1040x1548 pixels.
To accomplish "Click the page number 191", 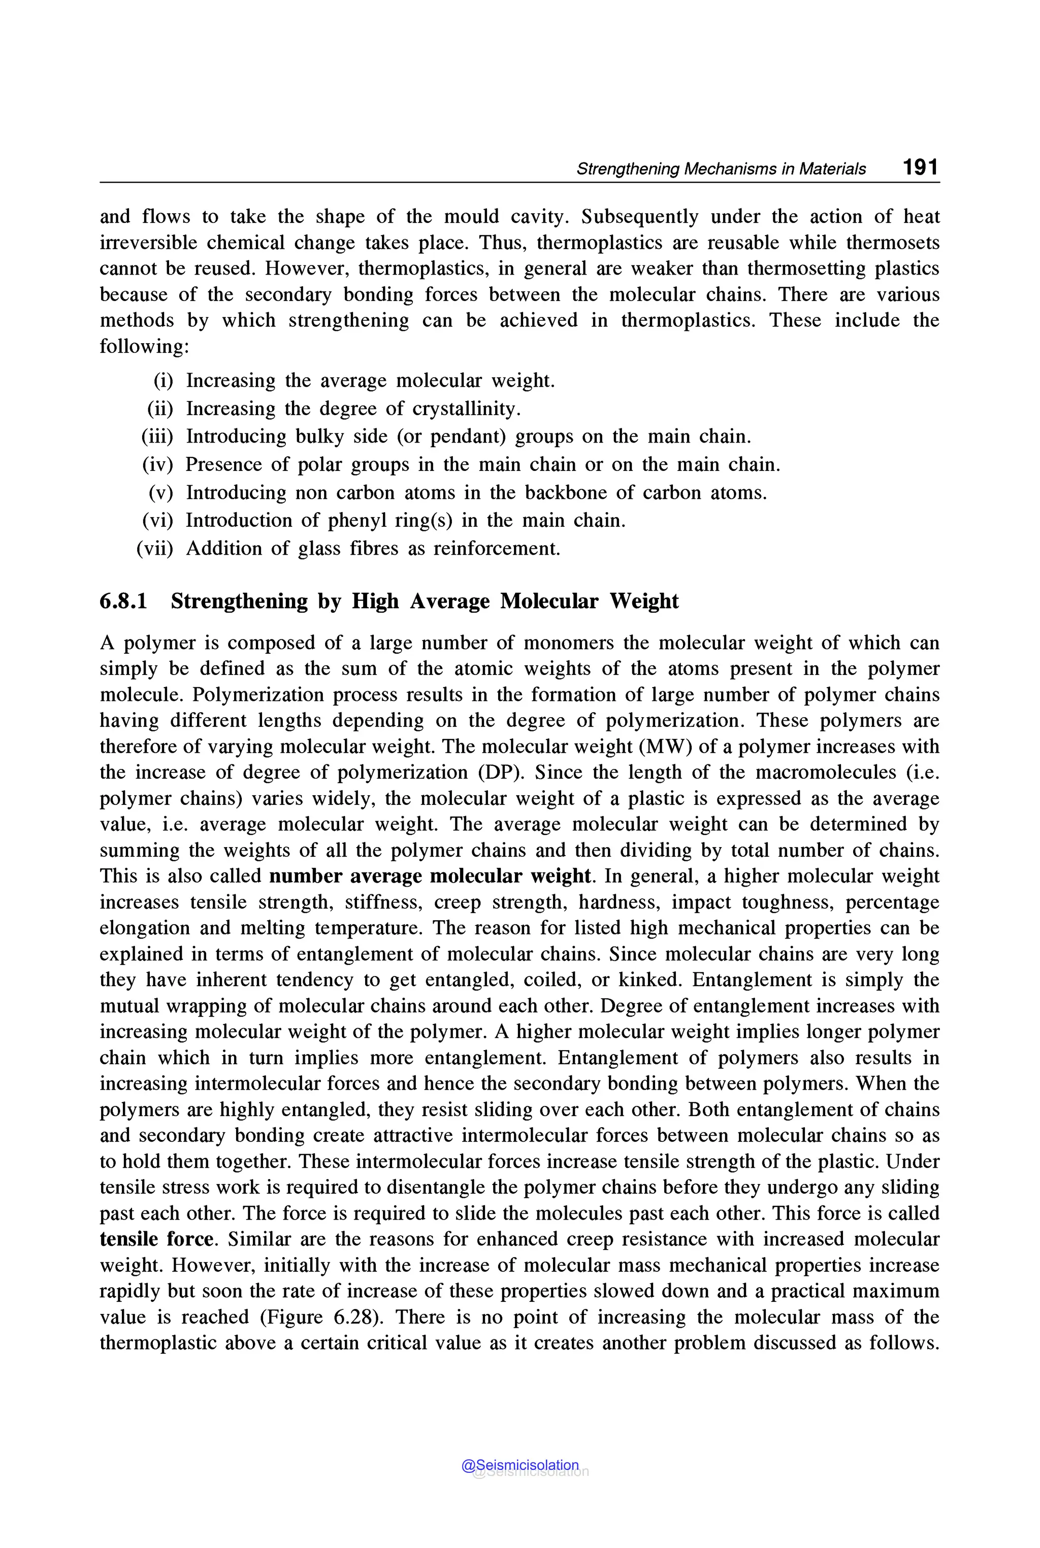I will click(920, 167).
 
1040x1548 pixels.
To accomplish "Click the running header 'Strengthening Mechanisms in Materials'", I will click(721, 169).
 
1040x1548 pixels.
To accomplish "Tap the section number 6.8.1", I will click(123, 601).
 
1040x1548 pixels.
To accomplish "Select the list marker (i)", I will click(163, 381).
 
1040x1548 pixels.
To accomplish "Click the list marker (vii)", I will click(154, 548).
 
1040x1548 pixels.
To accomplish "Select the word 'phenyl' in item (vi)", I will click(357, 520).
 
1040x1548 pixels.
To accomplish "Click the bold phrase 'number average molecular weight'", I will click(430, 876).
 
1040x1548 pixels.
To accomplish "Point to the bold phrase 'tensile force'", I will click(157, 1239).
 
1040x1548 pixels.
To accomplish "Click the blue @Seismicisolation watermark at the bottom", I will click(520, 1465).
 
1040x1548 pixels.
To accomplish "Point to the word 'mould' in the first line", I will click(471, 217).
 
